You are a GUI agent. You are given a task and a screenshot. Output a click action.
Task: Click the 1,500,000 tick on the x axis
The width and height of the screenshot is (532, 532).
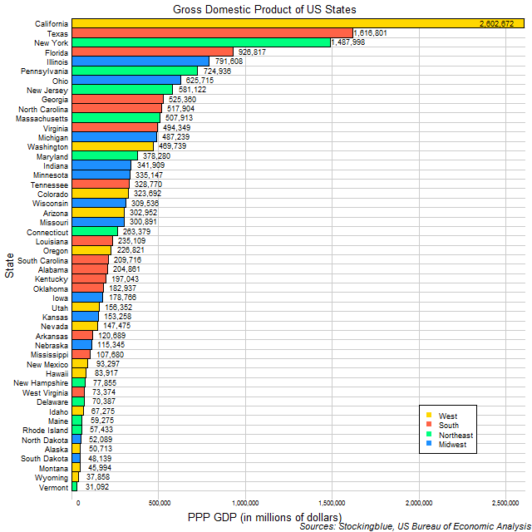333,503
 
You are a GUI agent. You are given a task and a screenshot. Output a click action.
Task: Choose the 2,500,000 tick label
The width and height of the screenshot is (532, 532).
505,503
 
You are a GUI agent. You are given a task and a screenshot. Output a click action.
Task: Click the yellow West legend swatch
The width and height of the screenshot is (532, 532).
428,416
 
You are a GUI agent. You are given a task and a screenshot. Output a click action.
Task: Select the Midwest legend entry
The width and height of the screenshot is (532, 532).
454,445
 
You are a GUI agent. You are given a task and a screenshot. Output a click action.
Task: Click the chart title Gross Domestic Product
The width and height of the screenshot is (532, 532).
264,8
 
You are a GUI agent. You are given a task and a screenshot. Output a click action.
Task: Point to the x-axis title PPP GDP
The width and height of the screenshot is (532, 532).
264,517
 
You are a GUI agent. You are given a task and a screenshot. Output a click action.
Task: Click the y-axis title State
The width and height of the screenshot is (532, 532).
8,268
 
